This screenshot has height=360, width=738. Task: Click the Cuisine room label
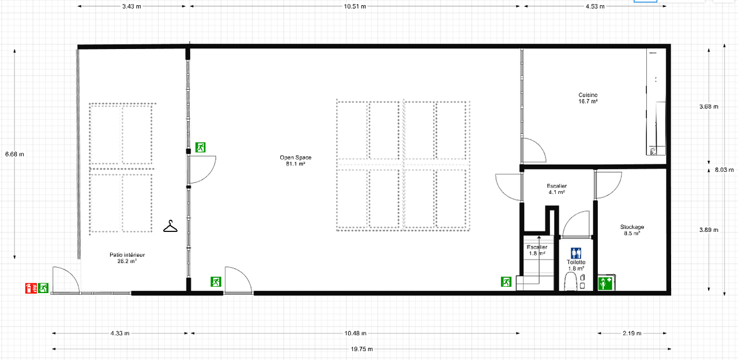[x=588, y=98]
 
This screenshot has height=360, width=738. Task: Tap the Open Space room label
[x=295, y=160]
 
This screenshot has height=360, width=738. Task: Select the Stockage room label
[x=632, y=230]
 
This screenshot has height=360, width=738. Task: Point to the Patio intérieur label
[x=127, y=257]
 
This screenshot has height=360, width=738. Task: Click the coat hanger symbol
[x=171, y=226]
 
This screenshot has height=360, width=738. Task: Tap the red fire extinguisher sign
[x=29, y=288]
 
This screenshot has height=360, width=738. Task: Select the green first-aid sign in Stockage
[x=605, y=283]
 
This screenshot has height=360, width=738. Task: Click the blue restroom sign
[x=576, y=253]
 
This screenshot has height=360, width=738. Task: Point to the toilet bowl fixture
[x=571, y=281]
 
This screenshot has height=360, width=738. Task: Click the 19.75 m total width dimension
[x=361, y=349]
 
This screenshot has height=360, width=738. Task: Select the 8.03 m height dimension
[x=725, y=170]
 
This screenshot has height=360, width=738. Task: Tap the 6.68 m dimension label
[x=14, y=154]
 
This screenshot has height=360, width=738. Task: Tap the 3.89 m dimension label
[x=709, y=230]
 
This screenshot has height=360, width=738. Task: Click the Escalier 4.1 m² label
[x=556, y=189]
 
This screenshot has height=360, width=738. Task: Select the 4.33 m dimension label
[x=119, y=333]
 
